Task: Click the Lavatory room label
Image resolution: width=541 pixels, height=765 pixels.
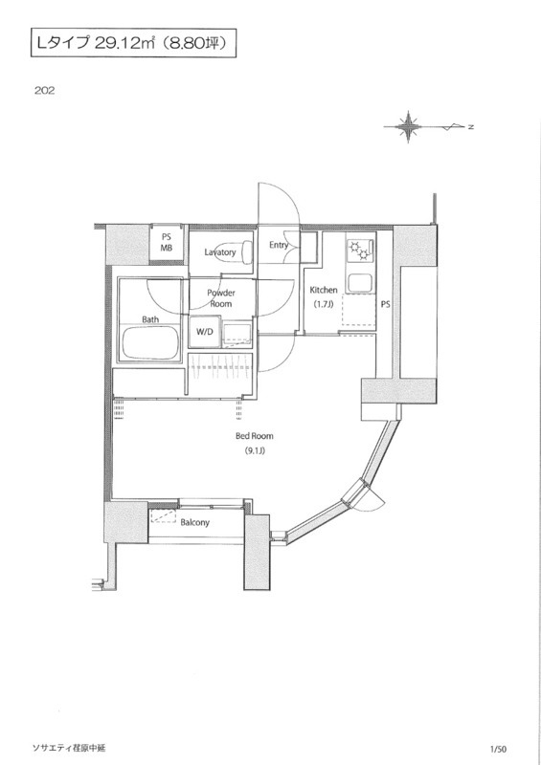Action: coord(220,252)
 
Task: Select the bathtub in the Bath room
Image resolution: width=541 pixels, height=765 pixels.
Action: coord(150,342)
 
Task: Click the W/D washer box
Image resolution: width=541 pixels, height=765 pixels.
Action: coord(204,332)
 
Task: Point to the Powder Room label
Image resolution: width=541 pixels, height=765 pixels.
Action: coord(221,298)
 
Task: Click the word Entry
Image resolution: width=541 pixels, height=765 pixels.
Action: coord(279,245)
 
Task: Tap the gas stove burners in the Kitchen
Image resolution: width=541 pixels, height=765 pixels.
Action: coord(359,251)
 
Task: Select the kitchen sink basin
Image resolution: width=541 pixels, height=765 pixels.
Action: coord(359,283)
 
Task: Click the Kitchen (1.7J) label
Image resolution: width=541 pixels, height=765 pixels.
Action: coord(324,296)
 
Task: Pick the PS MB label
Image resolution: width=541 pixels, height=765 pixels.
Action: coord(167,243)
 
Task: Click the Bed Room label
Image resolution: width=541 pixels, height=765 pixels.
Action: coord(254,436)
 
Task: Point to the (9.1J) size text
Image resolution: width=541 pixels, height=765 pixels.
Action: coord(255,450)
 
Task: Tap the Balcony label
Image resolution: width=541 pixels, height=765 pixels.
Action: coord(194,522)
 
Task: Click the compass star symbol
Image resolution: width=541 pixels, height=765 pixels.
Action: coord(408,127)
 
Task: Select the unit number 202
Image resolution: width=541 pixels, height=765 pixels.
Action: coord(44,90)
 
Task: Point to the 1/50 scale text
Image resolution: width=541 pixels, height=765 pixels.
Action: coord(499,749)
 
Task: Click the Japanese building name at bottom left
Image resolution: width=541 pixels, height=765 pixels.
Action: coord(68,748)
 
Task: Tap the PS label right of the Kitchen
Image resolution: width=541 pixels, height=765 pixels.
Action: coord(385,304)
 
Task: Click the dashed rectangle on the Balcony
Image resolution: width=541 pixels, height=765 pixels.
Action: coord(163,516)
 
